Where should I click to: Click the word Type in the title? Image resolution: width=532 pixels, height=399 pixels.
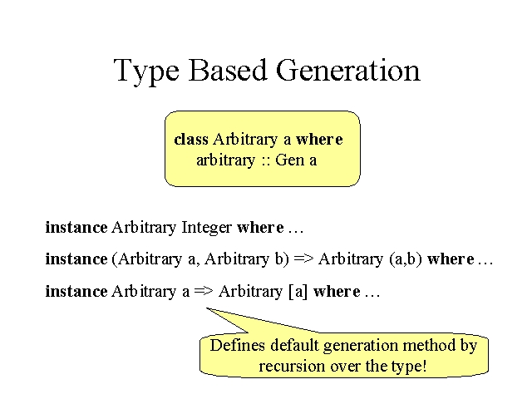(x=146, y=71)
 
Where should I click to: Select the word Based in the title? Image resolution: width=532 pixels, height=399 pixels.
(x=227, y=70)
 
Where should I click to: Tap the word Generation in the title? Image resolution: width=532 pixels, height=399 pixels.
(x=348, y=70)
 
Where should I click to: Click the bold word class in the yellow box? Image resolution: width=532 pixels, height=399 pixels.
(x=191, y=139)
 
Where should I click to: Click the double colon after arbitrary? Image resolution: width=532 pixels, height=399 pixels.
(x=265, y=161)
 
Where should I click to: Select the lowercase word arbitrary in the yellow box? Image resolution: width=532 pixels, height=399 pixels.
(x=225, y=160)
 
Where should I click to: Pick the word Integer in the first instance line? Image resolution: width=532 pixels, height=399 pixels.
(x=207, y=228)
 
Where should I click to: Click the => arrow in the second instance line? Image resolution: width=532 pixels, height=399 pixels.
(x=303, y=259)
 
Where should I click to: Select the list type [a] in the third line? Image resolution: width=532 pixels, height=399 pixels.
(x=298, y=292)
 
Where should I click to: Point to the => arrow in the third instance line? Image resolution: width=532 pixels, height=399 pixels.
(x=204, y=291)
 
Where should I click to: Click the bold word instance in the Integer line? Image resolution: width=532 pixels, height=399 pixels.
(x=76, y=227)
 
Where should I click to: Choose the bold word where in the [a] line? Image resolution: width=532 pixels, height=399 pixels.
(x=337, y=292)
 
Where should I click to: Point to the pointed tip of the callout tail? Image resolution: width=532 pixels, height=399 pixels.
(x=207, y=308)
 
